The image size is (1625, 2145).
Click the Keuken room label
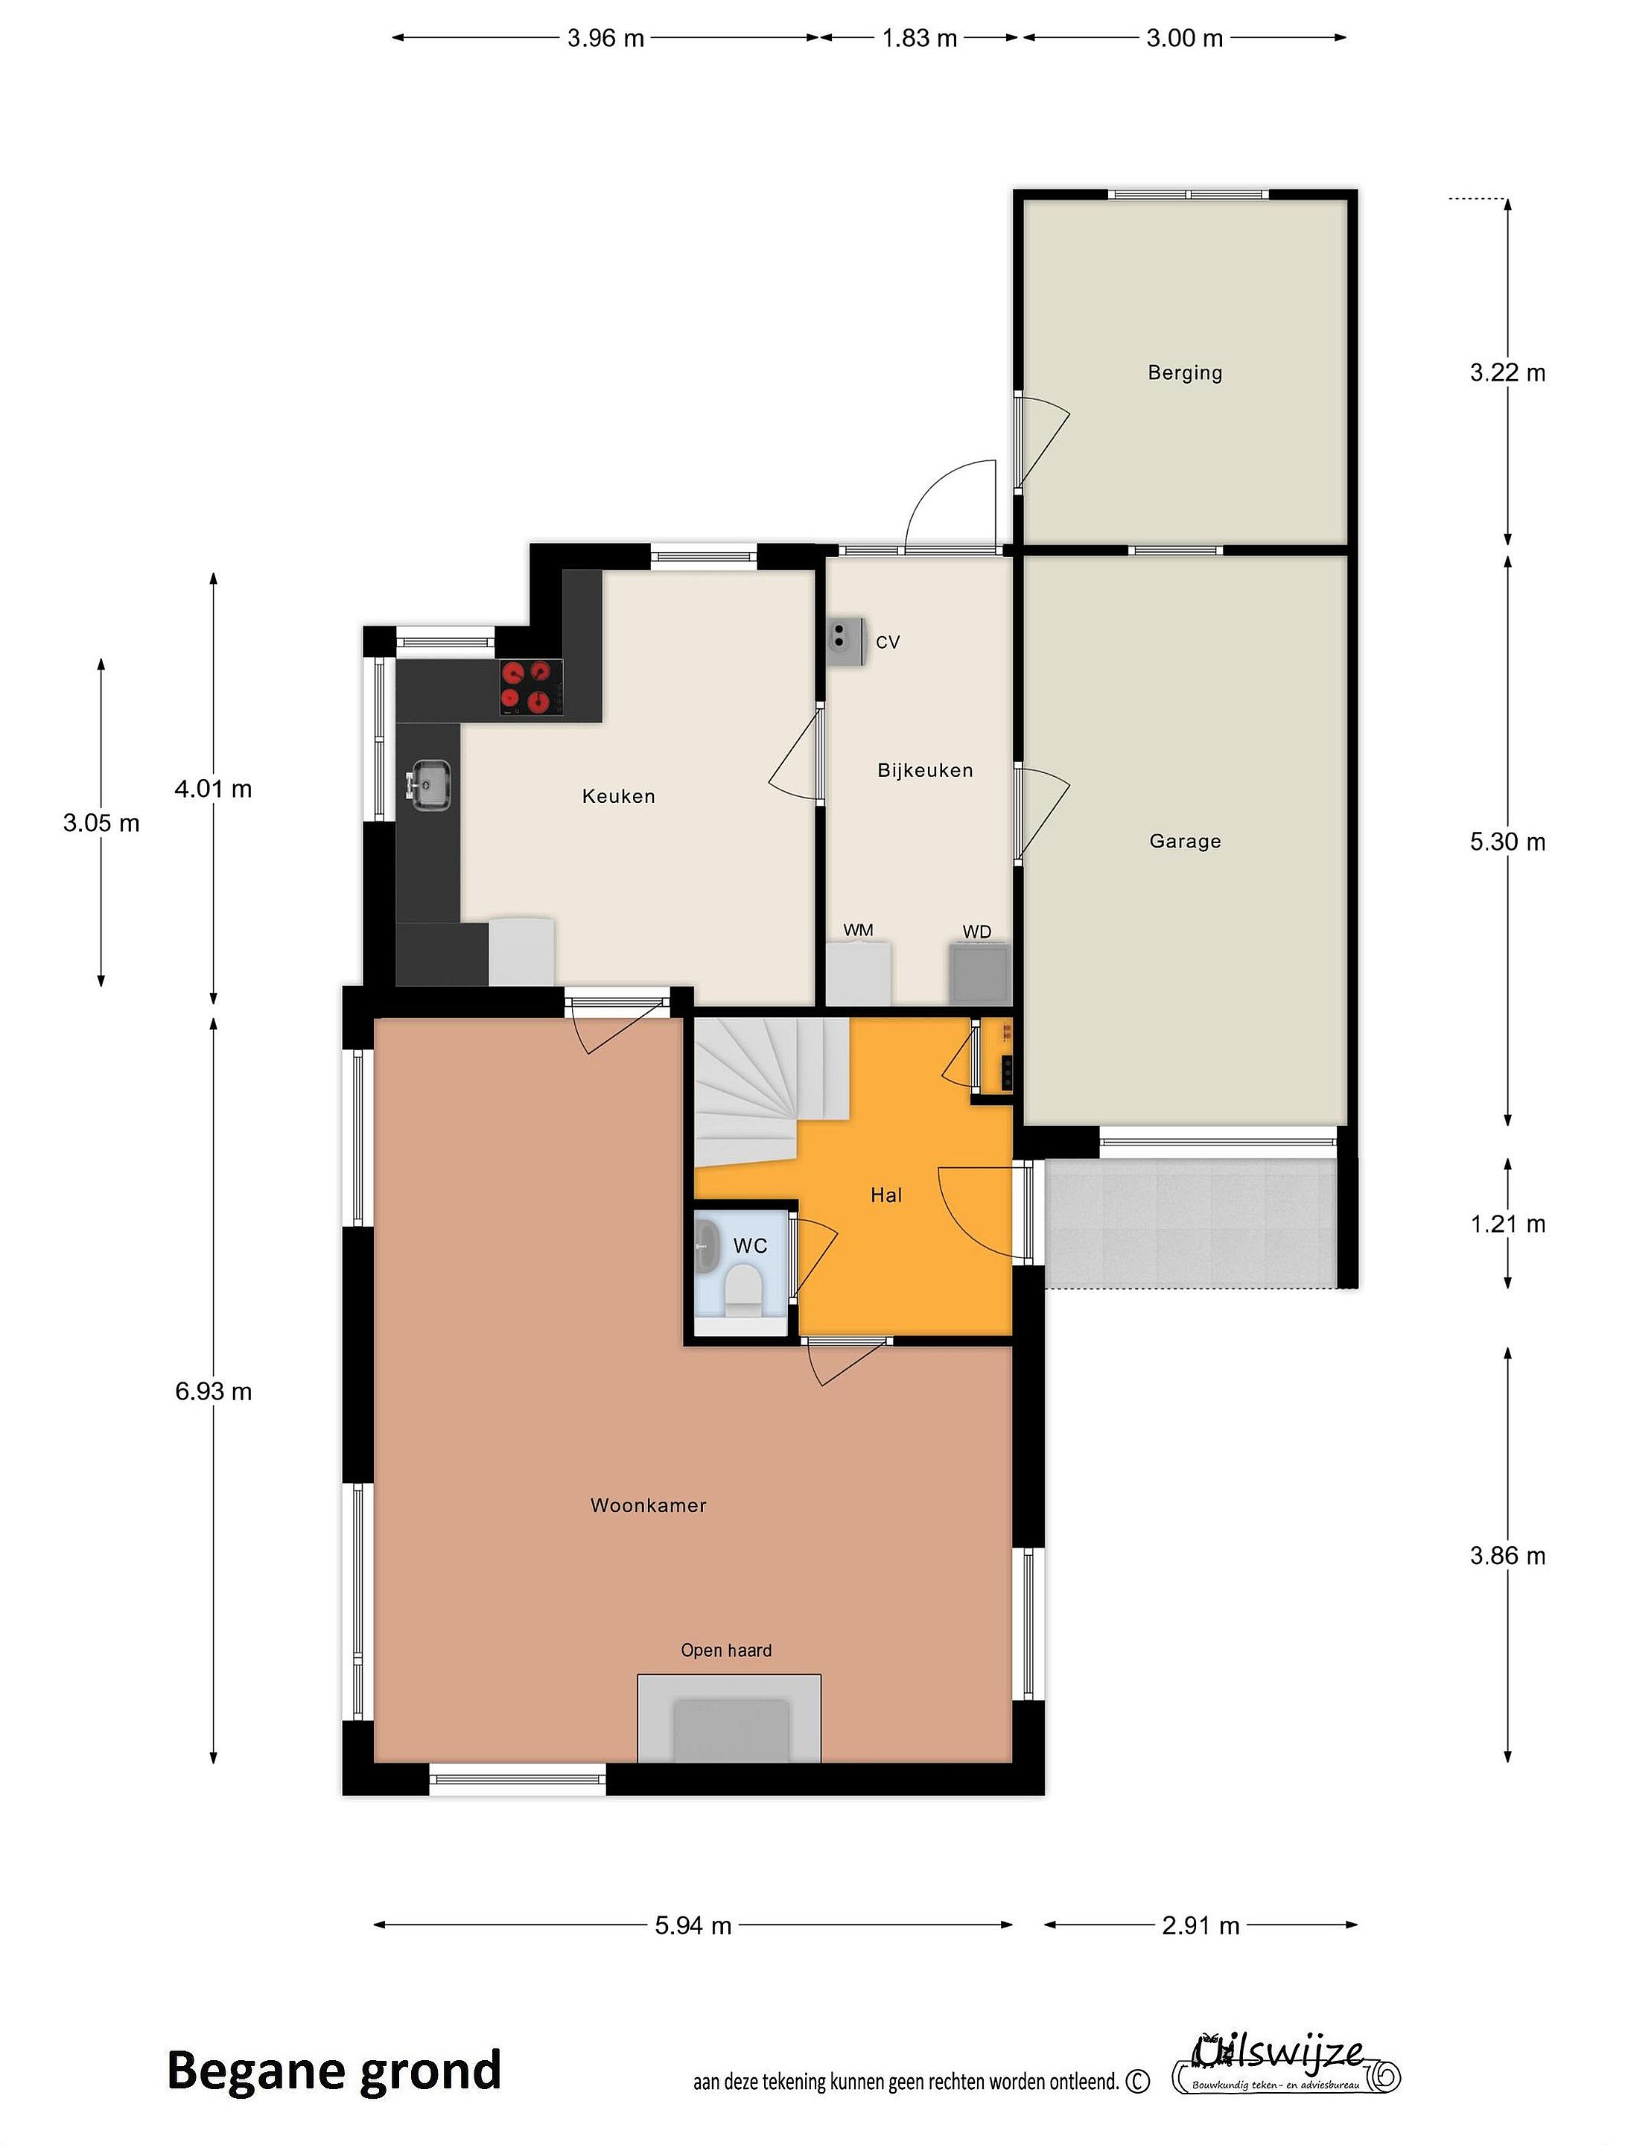(619, 796)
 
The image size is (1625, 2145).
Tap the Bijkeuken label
(925, 770)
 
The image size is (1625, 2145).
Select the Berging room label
(1185, 372)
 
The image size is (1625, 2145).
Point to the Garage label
(1185, 842)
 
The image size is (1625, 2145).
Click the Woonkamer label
(649, 1505)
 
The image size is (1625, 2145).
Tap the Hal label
(886, 1195)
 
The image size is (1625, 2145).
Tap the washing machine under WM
(858, 973)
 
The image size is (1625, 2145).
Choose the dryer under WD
(980, 973)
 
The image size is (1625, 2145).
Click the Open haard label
(726, 1650)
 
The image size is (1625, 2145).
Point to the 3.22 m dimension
(1507, 372)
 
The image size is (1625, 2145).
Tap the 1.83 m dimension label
(919, 38)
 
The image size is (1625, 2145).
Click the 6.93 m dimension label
(213, 1391)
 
